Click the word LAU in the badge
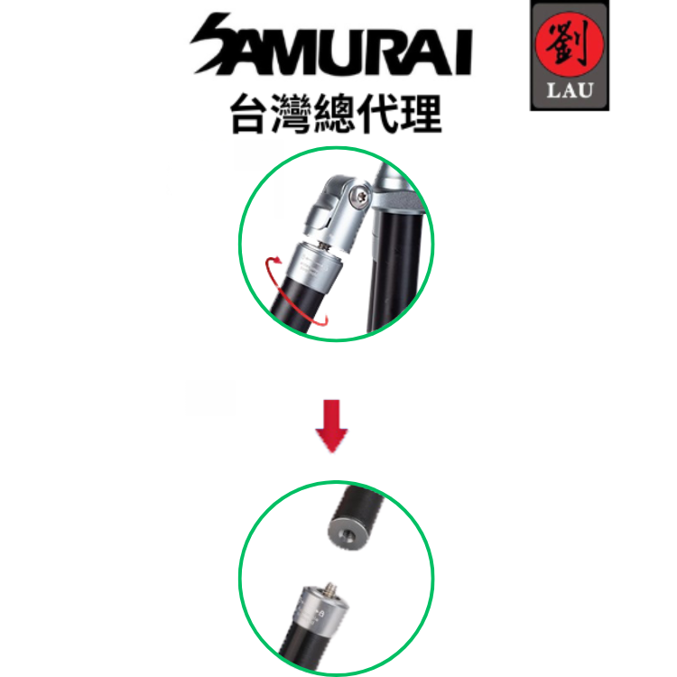point(569,89)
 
